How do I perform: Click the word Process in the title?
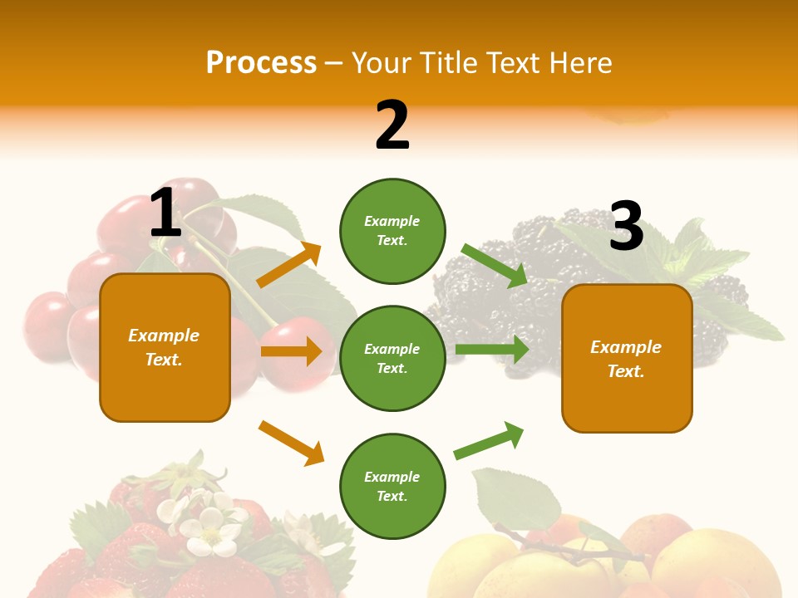pos(261,62)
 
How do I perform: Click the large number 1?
pos(165,213)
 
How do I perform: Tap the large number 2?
pos(392,125)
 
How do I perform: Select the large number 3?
pos(626,226)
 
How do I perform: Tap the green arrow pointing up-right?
pos(489,440)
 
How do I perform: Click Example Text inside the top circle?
pos(392,231)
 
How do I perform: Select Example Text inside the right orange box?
pos(626,359)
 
